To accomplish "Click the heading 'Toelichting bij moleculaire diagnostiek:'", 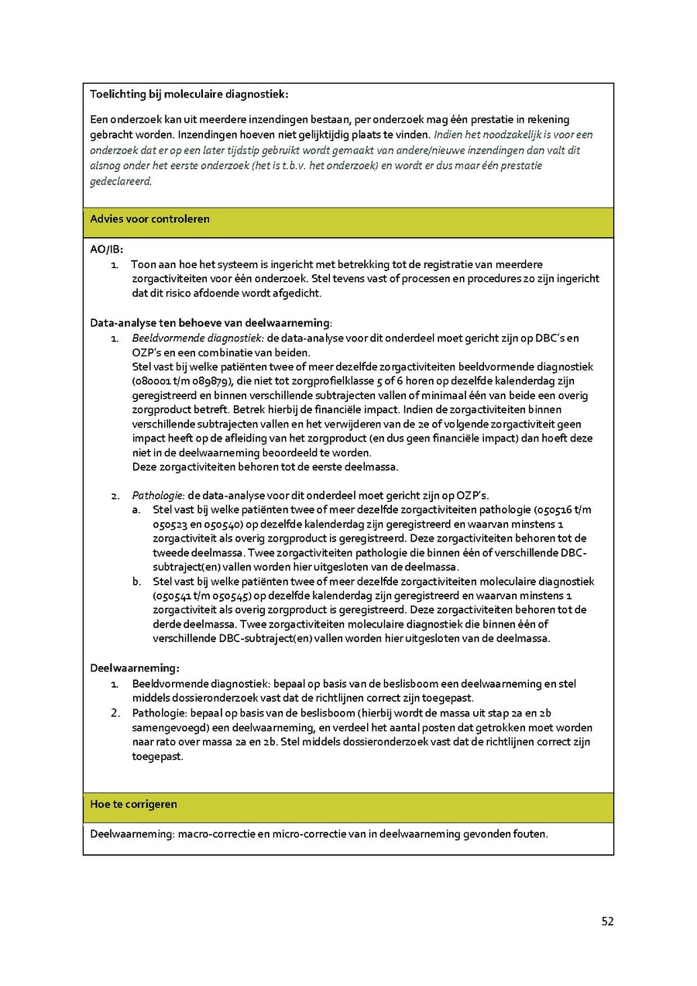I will [189, 94].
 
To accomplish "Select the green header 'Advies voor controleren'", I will [150, 219].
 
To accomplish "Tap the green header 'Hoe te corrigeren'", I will [134, 805].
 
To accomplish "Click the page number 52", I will [607, 921].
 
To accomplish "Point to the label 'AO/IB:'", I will [107, 250].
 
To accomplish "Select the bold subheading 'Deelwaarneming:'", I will [135, 667].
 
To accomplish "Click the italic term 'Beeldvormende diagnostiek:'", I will [198, 338].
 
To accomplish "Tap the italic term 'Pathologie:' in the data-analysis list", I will [157, 496].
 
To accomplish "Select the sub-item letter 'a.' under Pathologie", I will [136, 510].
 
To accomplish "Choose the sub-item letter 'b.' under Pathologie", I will [136, 581].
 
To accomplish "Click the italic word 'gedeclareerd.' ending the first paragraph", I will [122, 181].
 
